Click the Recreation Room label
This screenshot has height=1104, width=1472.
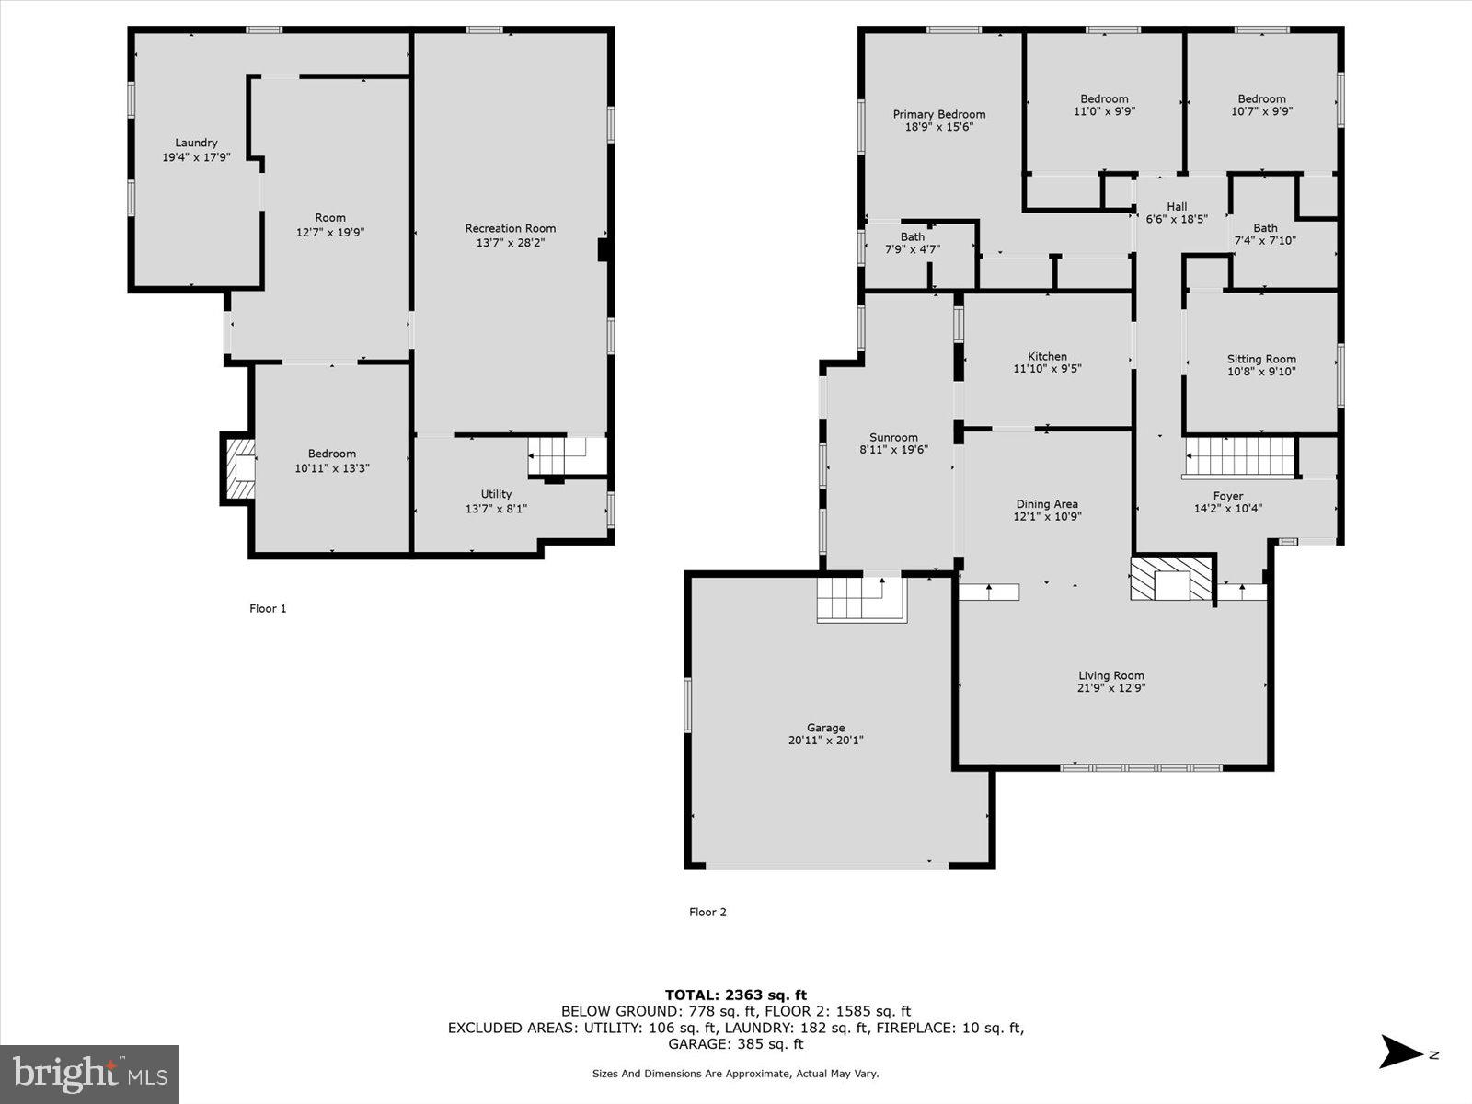(510, 228)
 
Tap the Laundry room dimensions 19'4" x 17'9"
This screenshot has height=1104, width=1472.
(196, 157)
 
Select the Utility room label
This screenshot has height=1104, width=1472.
(496, 494)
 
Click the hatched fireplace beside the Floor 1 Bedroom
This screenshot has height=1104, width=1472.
(239, 468)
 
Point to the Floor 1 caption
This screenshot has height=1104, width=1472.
(268, 608)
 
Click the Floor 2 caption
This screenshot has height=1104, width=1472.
(707, 912)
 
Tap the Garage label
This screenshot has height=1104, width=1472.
(825, 728)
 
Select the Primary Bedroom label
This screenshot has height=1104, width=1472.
(938, 114)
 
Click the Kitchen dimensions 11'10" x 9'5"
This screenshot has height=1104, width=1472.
(1047, 370)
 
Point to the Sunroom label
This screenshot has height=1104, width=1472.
(893, 437)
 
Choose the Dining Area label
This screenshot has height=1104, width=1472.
(1047, 503)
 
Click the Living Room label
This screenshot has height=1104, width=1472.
(1111, 675)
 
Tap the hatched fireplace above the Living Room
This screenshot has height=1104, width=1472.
(1171, 578)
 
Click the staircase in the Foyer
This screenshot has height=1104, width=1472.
(1238, 456)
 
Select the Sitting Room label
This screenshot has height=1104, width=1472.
(1261, 359)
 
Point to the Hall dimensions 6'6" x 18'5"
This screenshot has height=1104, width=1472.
(1177, 220)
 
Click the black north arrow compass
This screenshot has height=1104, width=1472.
(1400, 1052)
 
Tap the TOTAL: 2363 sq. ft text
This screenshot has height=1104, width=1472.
(735, 995)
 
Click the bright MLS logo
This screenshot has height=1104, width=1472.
(89, 1074)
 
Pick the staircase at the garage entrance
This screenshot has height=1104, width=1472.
(861, 598)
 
